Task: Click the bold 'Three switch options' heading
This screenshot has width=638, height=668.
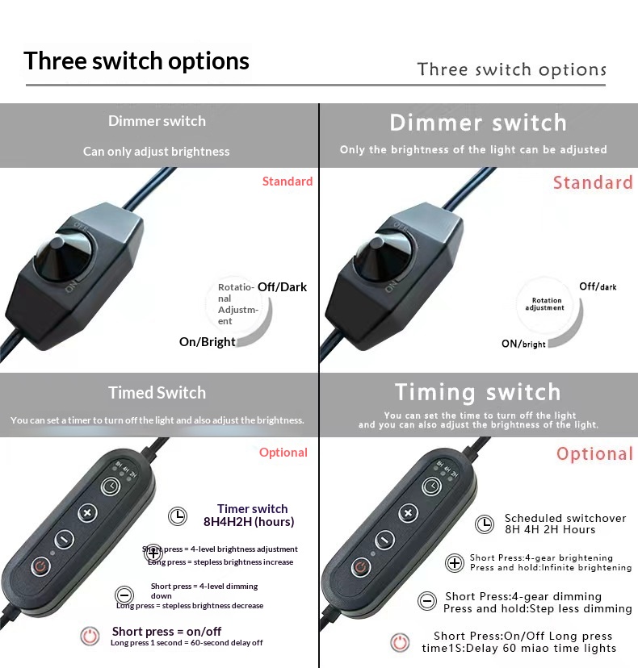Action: (x=136, y=61)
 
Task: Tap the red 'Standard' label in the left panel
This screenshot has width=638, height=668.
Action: (x=288, y=182)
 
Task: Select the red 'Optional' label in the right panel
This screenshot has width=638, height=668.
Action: (x=594, y=454)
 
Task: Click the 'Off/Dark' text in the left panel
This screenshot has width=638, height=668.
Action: (x=283, y=287)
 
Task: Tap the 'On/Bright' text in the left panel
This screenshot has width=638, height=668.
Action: (x=208, y=342)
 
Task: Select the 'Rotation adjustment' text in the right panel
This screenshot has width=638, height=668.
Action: (x=545, y=304)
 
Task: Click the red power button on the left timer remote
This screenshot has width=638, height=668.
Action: (x=41, y=566)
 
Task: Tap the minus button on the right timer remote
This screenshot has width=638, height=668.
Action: (x=384, y=540)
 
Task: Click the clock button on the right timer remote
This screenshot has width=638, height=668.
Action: (x=431, y=486)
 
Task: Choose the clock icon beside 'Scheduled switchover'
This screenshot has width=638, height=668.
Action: (x=485, y=524)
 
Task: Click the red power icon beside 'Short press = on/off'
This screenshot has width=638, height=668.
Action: (x=90, y=637)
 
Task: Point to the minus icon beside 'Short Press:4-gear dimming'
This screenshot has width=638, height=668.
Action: (x=427, y=601)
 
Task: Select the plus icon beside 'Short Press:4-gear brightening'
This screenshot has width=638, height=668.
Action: (x=455, y=563)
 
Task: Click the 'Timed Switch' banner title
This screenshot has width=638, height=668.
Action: (x=157, y=393)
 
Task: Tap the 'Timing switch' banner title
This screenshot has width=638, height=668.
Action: (x=477, y=392)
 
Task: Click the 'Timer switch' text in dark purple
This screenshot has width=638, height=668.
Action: (x=253, y=509)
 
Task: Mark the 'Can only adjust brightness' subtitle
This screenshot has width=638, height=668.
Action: (x=157, y=152)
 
